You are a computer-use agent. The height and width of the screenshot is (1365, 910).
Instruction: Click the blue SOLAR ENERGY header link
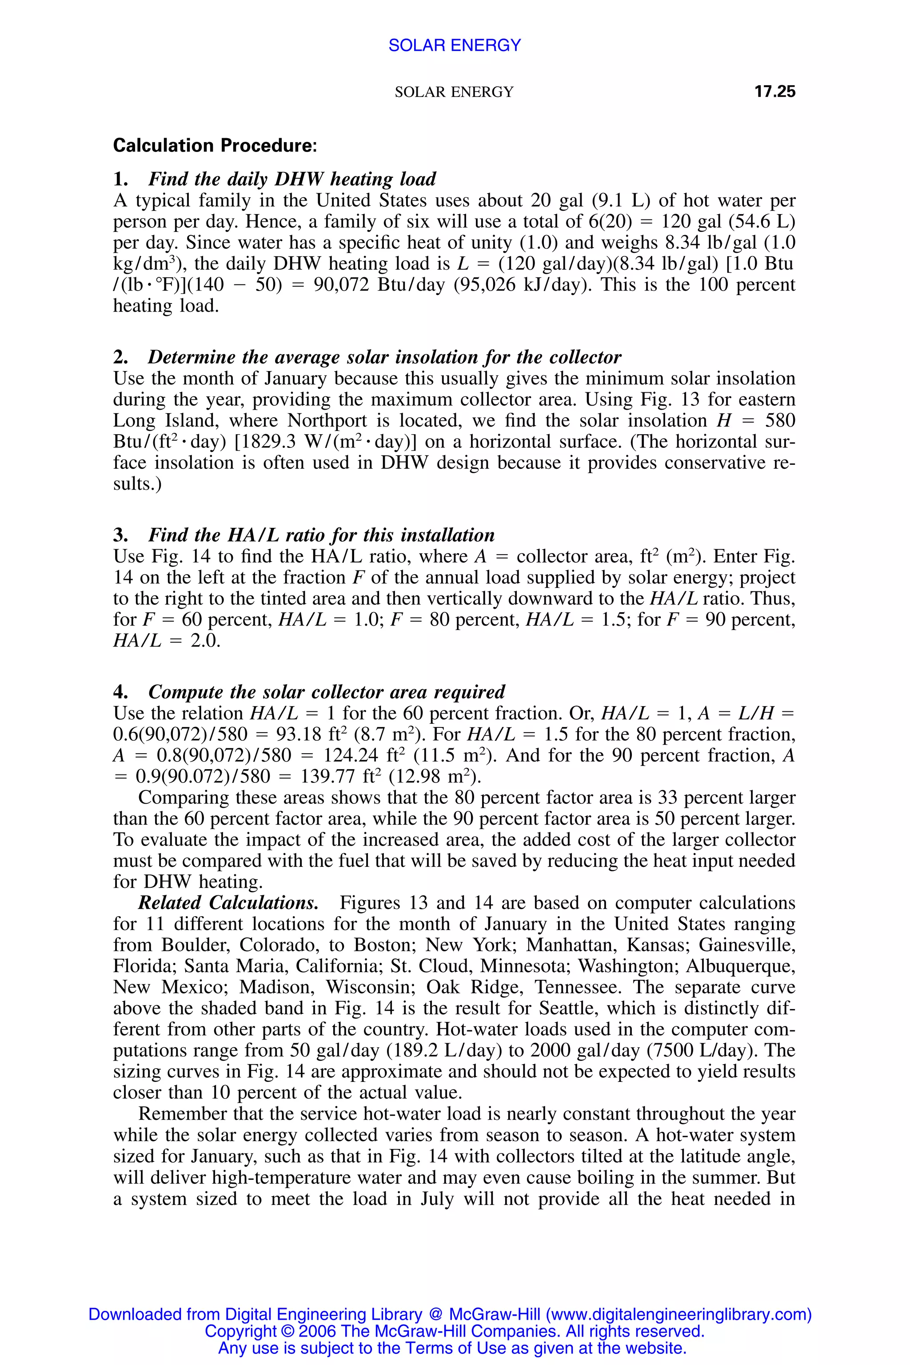[x=455, y=45]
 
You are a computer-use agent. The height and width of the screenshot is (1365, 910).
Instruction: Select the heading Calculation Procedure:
[x=215, y=145]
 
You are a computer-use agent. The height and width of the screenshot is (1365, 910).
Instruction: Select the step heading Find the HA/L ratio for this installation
[x=321, y=535]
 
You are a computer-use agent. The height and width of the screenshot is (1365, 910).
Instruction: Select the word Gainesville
[x=746, y=945]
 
